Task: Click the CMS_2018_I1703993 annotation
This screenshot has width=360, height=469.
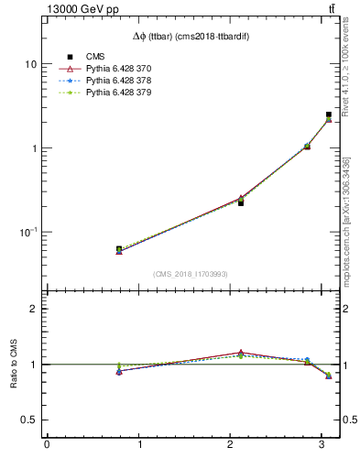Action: (x=191, y=274)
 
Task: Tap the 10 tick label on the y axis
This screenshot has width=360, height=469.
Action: (x=31, y=64)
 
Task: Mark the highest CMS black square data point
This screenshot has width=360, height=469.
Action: (x=329, y=115)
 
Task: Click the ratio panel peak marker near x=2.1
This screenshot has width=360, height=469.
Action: (x=241, y=353)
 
